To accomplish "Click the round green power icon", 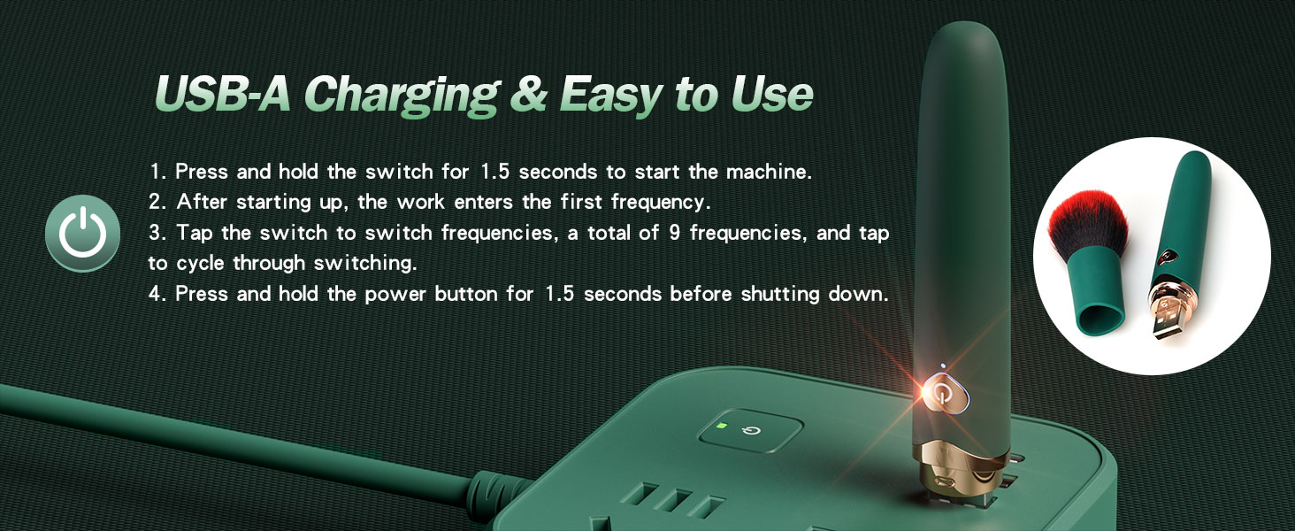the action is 82,233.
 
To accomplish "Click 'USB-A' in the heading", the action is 223,93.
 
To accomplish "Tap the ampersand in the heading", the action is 528,93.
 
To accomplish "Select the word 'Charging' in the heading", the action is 402,96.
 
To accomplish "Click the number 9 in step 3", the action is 674,233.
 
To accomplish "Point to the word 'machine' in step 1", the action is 769,172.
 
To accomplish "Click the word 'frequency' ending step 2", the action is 660,203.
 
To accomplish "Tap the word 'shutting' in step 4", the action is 780,295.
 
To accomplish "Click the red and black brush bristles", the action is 1088,223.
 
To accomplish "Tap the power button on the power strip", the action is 750,431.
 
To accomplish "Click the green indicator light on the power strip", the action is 722,427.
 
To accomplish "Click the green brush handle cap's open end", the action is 1102,319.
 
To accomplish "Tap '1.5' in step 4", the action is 559,295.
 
